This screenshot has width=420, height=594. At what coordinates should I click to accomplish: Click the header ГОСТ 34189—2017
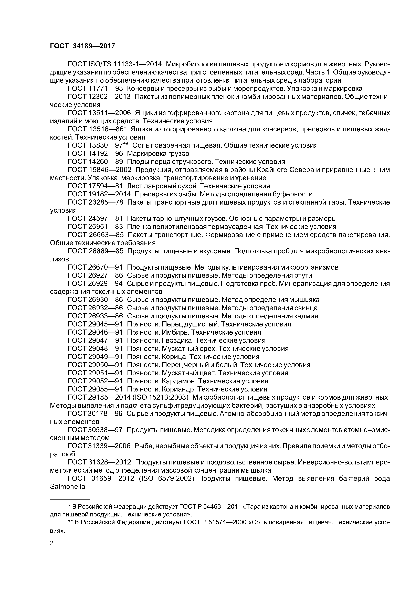[82, 46]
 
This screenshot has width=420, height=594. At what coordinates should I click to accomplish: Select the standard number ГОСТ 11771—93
[95, 89]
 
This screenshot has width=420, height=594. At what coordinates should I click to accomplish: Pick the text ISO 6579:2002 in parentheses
[167, 479]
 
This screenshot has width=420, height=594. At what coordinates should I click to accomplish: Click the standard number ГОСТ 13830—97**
[98, 146]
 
